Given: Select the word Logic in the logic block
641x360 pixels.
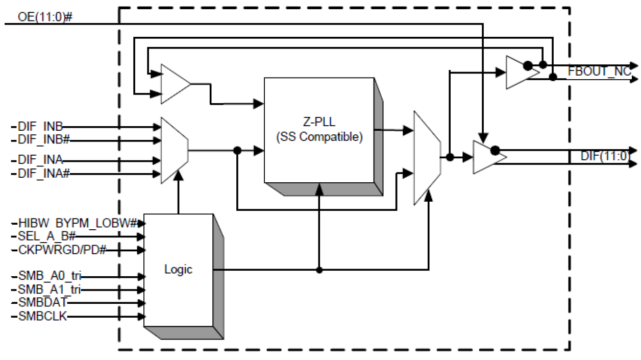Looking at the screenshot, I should point(179,269).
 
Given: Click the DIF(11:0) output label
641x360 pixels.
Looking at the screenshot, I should point(604,157).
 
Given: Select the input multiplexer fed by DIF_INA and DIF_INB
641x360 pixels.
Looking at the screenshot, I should point(174,150).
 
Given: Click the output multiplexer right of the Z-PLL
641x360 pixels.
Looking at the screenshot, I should point(427,158).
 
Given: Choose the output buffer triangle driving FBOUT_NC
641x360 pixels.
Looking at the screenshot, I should point(520,72).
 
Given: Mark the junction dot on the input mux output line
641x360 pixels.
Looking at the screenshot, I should point(237,150).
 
